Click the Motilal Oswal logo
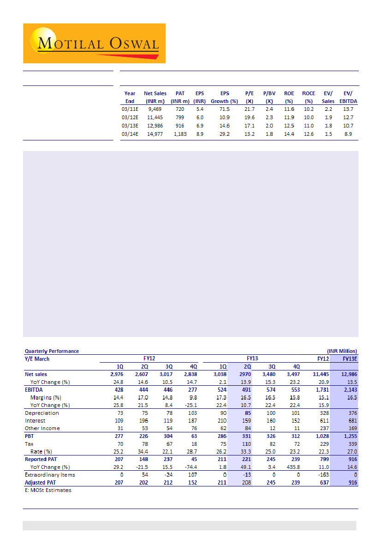94,43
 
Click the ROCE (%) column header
309,97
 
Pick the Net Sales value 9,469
155,109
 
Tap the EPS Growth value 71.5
225,109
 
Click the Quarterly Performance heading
52,351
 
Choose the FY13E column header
345,358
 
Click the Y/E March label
37,359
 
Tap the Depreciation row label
42,413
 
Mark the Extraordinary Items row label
50,475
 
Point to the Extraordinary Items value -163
323,475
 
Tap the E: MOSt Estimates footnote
48,490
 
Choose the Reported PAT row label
42,460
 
